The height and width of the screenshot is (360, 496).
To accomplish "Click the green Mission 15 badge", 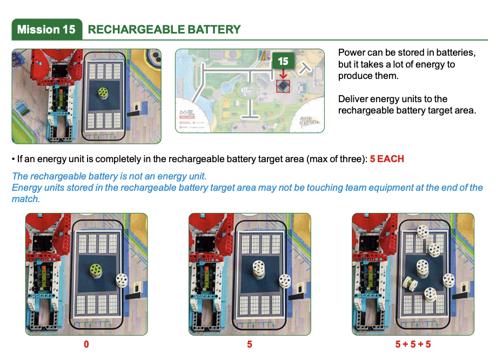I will pos(46,29).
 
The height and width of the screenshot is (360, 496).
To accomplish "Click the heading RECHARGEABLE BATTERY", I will pos(164,29).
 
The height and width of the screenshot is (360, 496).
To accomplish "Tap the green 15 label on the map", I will pos(283,61).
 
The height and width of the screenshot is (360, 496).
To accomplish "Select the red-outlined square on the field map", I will pos(283,86).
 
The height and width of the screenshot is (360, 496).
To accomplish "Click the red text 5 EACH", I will pos(387,159).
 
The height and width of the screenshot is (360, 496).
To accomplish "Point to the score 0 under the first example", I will pos(86,344).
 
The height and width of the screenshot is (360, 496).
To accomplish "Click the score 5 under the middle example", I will pos(250,344).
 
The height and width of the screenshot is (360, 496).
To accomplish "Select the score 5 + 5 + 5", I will pos(413,344).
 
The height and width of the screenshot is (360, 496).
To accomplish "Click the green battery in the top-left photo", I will pos(103,93).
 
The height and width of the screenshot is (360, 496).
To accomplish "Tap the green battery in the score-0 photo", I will pos(97,268).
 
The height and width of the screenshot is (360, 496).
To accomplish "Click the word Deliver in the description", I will pos(353,99).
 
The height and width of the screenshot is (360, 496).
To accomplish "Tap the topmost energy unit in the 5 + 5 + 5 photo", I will pos(424,231).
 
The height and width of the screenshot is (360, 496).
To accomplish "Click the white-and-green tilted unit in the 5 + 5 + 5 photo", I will pos(411,283).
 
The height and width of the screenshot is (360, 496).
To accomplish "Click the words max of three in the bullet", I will pos(339,159).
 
